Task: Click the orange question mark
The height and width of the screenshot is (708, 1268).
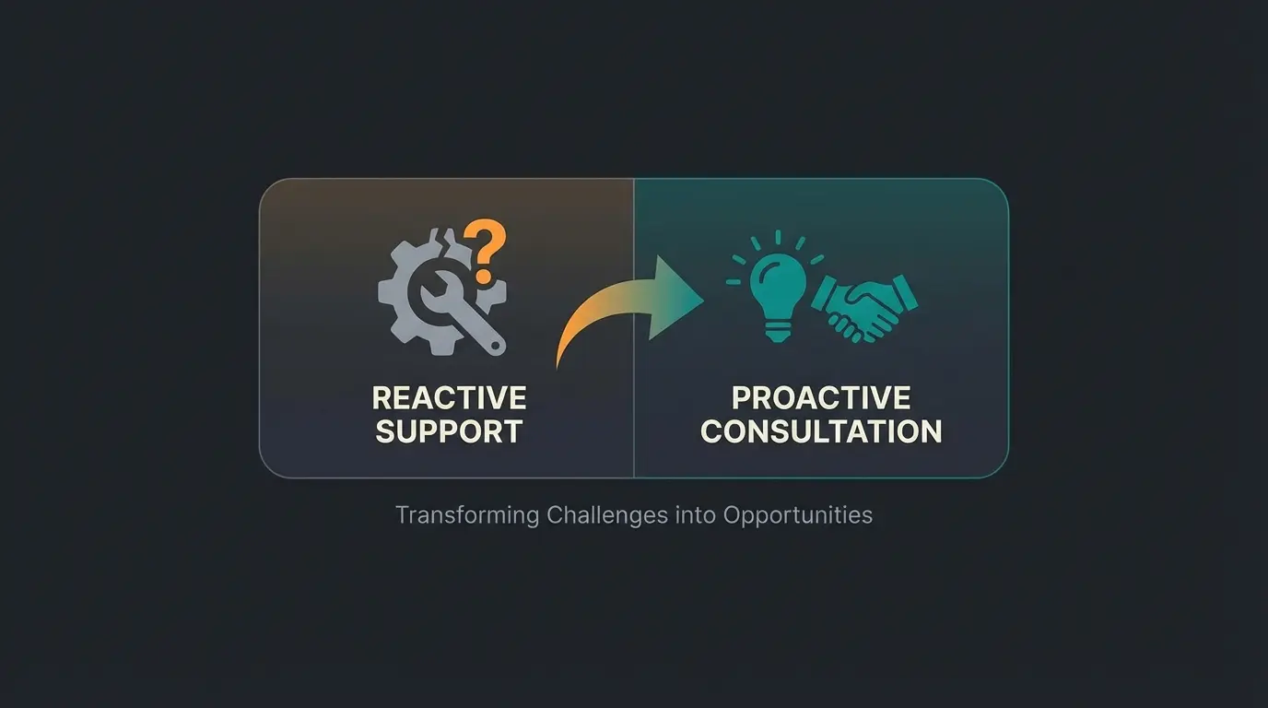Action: (x=486, y=243)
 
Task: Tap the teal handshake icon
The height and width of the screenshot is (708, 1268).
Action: (x=864, y=305)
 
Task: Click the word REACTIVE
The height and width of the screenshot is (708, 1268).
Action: (x=449, y=398)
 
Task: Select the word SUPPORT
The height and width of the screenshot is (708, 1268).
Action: (x=449, y=431)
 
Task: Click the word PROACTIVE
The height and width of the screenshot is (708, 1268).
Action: (x=821, y=398)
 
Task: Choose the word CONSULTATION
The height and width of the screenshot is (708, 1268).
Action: (x=821, y=431)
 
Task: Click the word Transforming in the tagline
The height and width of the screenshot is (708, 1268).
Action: (x=467, y=514)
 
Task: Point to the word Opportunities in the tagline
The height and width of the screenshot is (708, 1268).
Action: (x=797, y=514)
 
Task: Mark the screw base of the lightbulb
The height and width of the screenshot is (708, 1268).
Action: (x=776, y=330)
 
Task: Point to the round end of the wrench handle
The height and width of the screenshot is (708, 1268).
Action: (x=497, y=346)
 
